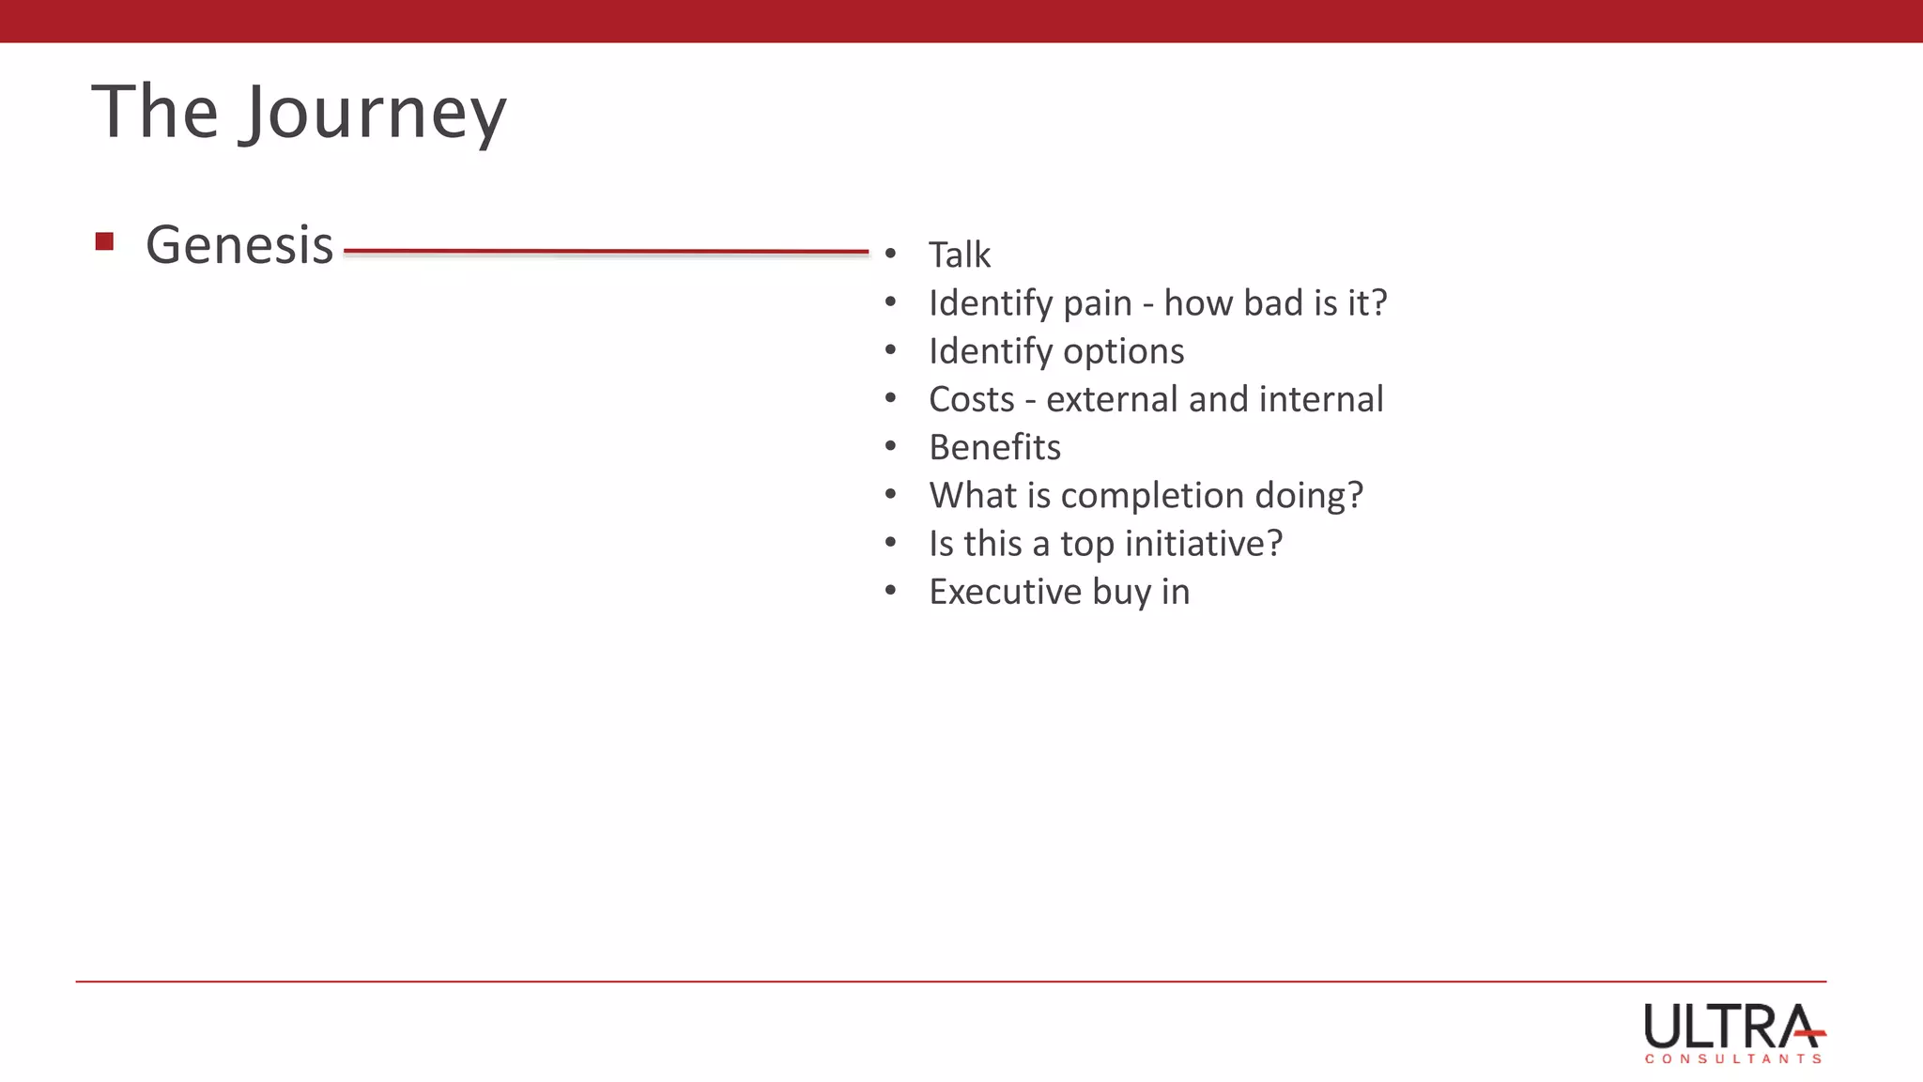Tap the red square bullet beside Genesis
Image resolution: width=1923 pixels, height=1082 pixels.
coord(104,242)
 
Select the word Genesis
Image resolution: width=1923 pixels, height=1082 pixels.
coord(239,246)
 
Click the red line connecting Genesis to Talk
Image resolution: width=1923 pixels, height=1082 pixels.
coord(606,252)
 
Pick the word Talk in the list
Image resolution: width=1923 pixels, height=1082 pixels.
coord(959,255)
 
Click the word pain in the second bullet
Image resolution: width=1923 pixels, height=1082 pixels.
coord(1097,303)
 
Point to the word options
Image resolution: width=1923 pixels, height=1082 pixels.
coord(1123,351)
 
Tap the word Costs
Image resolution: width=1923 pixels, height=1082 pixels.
coord(971,399)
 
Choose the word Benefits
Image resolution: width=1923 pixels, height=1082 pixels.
coord(994,447)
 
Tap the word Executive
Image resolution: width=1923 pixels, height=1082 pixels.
coord(1005,592)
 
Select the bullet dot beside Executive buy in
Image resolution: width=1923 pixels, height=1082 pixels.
coord(890,591)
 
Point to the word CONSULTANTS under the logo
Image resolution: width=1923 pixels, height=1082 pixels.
coord(1733,1059)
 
